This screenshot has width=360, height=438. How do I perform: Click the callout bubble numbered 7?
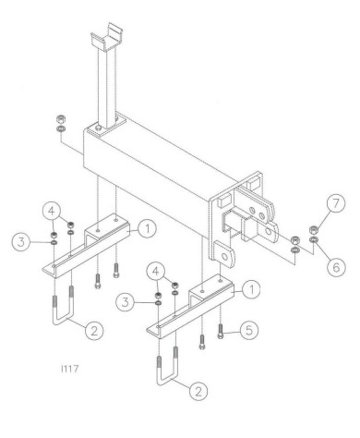(336, 203)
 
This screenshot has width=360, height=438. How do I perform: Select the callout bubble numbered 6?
(336, 267)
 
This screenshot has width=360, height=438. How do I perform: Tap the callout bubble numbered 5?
(249, 330)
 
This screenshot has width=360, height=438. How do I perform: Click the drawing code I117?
(70, 369)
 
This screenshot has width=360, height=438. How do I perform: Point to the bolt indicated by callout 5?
(221, 332)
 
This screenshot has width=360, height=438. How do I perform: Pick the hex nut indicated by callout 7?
(313, 230)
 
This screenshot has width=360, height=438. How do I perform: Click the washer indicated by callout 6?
(314, 239)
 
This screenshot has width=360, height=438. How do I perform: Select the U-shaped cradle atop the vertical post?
(107, 38)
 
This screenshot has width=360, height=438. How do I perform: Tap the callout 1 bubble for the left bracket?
(148, 229)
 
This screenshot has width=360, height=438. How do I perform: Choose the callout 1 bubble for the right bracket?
(251, 290)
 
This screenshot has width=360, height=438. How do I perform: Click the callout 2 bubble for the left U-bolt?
(94, 331)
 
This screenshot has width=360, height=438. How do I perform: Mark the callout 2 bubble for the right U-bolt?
(198, 392)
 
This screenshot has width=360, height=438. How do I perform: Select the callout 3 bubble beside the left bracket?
(21, 242)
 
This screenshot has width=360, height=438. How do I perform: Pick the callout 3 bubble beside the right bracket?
(126, 302)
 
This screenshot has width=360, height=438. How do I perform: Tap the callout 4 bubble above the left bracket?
(52, 211)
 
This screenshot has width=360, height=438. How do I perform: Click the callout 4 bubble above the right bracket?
(156, 272)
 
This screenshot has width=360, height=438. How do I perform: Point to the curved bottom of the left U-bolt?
(63, 321)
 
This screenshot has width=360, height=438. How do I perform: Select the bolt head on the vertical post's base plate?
(98, 128)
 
